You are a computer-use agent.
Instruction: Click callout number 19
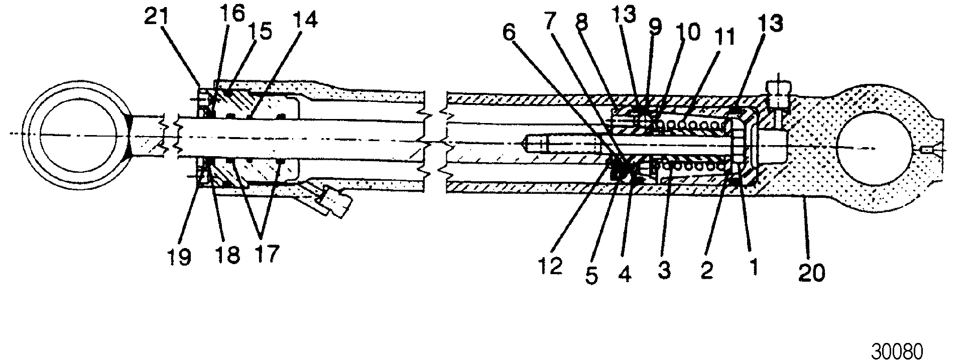pyautogui.click(x=179, y=257)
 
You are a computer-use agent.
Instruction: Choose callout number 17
pyautogui.click(x=266, y=254)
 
